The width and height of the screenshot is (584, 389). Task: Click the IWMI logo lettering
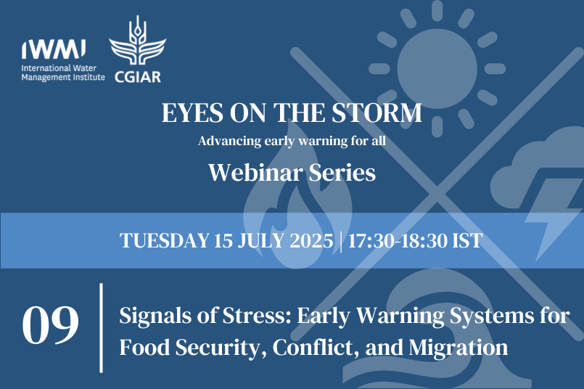tap(54, 50)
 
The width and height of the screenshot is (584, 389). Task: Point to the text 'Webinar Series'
tap(292, 173)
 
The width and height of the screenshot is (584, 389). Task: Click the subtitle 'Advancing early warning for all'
tap(292, 141)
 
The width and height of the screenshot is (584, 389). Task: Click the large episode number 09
tap(50, 325)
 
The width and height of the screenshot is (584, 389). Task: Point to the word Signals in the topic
tap(150, 317)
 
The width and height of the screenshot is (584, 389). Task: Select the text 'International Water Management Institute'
tap(63, 73)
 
